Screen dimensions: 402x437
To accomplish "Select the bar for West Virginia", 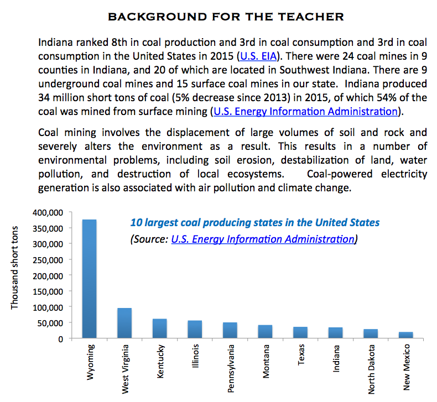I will pyautogui.click(x=124, y=323).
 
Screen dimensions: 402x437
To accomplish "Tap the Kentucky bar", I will pyautogui.click(x=159, y=328).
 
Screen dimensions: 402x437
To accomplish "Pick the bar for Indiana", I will pyautogui.click(x=335, y=333).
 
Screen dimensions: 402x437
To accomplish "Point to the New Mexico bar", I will pyautogui.click(x=406, y=335).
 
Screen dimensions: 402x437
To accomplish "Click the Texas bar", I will pyautogui.click(x=300, y=332).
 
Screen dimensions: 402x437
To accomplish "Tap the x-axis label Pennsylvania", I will pyautogui.click(x=230, y=368).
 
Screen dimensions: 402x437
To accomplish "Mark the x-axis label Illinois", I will pyautogui.click(x=195, y=357).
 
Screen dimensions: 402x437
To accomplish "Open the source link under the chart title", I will pyautogui.click(x=263, y=239).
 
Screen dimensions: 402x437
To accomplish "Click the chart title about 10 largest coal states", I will pyautogui.click(x=254, y=223).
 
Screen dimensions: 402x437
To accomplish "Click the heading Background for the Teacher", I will pyautogui.click(x=226, y=17).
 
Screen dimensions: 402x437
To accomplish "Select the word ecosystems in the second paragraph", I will pyautogui.click(x=254, y=174).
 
